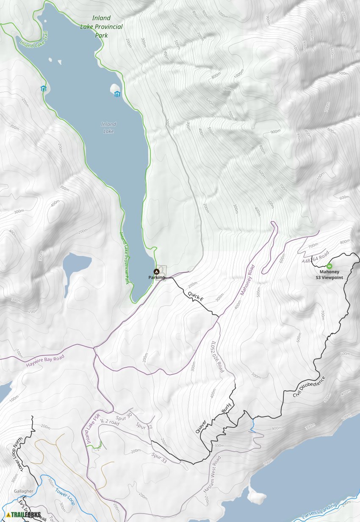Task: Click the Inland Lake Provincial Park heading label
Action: tap(101, 27)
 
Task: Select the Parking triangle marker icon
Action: tap(156, 271)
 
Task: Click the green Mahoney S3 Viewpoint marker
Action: tap(330, 266)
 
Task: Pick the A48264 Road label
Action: tap(316, 258)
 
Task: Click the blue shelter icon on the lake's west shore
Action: tap(43, 89)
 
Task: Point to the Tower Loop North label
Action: tap(17, 454)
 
